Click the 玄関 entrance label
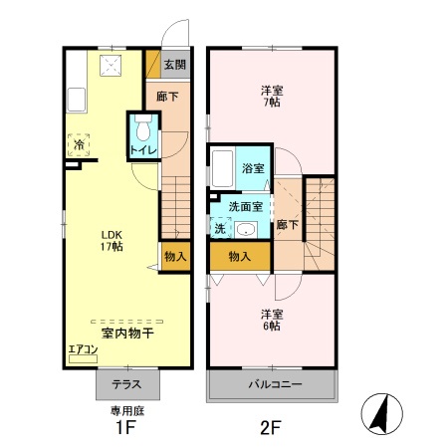174,65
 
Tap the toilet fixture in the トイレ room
140,129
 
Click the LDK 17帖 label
110,241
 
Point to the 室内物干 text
127,334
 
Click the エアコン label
82,349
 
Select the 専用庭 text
125,410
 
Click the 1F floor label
124,429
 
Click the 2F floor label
271,429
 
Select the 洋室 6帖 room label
271,321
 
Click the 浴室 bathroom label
253,169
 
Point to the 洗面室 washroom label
245,207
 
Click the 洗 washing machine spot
219,228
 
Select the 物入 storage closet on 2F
239,257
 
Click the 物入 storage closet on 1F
174,257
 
